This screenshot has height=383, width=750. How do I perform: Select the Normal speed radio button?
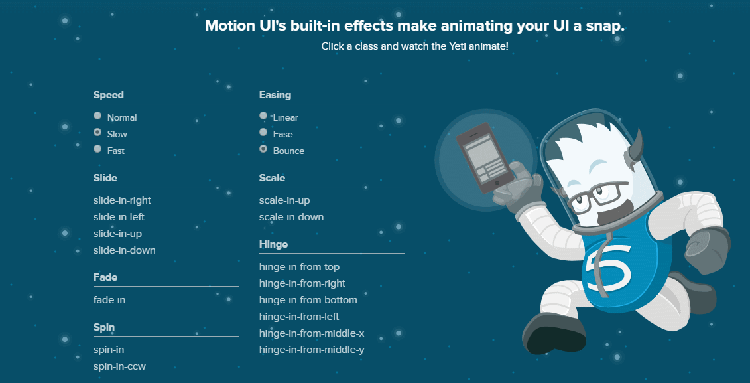click(x=97, y=115)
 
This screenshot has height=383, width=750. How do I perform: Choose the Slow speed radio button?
click(x=97, y=133)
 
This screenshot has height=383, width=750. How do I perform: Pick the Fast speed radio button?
click(x=97, y=149)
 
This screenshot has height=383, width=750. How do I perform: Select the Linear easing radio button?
click(x=263, y=115)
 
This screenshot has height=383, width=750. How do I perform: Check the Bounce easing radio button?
click(x=263, y=149)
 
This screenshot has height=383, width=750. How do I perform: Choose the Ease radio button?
click(x=263, y=133)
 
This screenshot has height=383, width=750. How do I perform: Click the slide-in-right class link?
click(x=122, y=200)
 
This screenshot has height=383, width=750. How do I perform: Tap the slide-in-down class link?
click(x=124, y=250)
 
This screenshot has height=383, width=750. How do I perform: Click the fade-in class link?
click(x=109, y=300)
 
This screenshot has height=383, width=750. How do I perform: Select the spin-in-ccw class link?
click(x=119, y=366)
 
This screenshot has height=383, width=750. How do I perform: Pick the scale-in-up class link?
click(x=284, y=200)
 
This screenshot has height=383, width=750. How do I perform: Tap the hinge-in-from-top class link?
click(x=299, y=267)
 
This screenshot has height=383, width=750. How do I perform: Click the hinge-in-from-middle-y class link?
click(x=312, y=350)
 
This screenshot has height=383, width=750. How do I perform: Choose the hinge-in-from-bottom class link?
click(x=308, y=300)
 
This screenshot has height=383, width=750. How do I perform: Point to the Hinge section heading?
click(x=273, y=244)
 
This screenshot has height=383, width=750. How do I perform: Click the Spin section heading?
click(x=105, y=327)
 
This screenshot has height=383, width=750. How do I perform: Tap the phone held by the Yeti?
click(x=483, y=158)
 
